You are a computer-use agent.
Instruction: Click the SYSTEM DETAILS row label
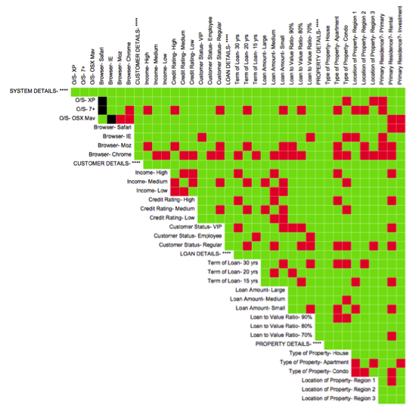pyautogui.click(x=37, y=91)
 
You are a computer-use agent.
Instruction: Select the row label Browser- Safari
pyautogui.click(x=113, y=127)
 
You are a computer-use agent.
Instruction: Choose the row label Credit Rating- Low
pyautogui.click(x=173, y=217)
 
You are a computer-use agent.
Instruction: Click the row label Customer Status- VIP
pyautogui.click(x=196, y=226)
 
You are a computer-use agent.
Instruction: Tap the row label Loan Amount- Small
pyautogui.click(x=261, y=308)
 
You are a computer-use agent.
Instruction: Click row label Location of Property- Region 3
pyautogui.click(x=338, y=398)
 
